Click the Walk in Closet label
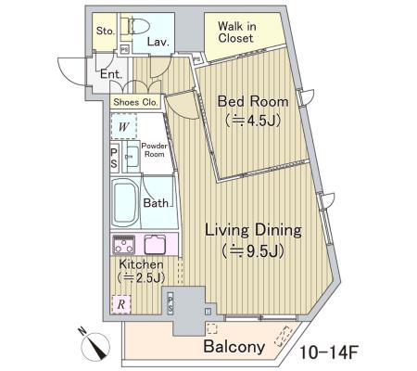click(237, 32)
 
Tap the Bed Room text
click(253, 101)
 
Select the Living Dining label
click(253, 231)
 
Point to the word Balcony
click(234, 346)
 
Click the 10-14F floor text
click(329, 352)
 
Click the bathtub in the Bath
click(124, 203)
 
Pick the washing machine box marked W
click(124, 126)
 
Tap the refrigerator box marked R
click(121, 304)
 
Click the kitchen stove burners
click(123, 244)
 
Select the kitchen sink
click(155, 244)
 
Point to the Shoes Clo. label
click(135, 102)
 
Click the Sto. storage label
click(106, 31)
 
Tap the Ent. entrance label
click(111, 74)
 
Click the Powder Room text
click(154, 150)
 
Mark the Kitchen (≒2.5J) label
click(141, 271)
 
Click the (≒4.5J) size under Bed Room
click(253, 120)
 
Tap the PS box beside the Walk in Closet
click(196, 58)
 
